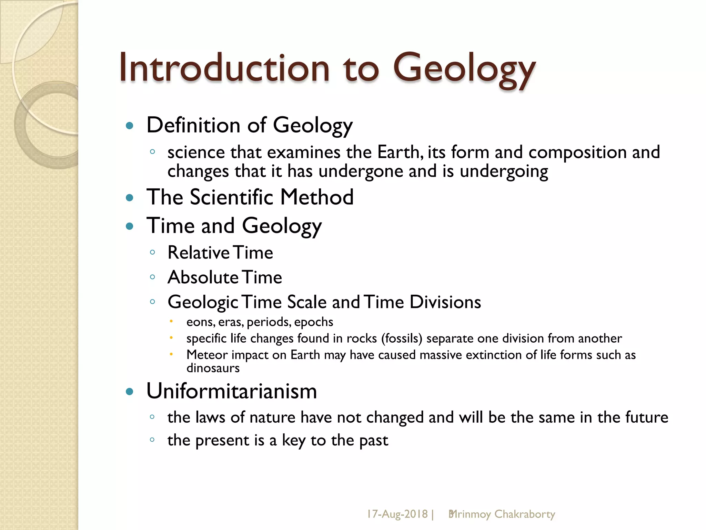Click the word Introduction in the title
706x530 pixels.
click(224, 68)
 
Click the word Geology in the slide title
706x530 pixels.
click(464, 69)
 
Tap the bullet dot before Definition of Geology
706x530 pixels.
click(130, 126)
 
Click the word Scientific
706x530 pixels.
click(232, 197)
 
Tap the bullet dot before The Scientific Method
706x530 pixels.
click(130, 198)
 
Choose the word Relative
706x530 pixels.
click(199, 253)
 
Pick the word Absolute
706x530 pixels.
click(203, 277)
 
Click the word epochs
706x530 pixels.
click(314, 322)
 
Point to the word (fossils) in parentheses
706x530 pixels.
click(402, 338)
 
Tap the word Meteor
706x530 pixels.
click(207, 355)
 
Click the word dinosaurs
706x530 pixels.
click(213, 368)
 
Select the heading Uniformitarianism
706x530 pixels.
click(232, 391)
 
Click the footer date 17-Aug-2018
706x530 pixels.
click(397, 514)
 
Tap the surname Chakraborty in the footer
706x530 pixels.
click(525, 514)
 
